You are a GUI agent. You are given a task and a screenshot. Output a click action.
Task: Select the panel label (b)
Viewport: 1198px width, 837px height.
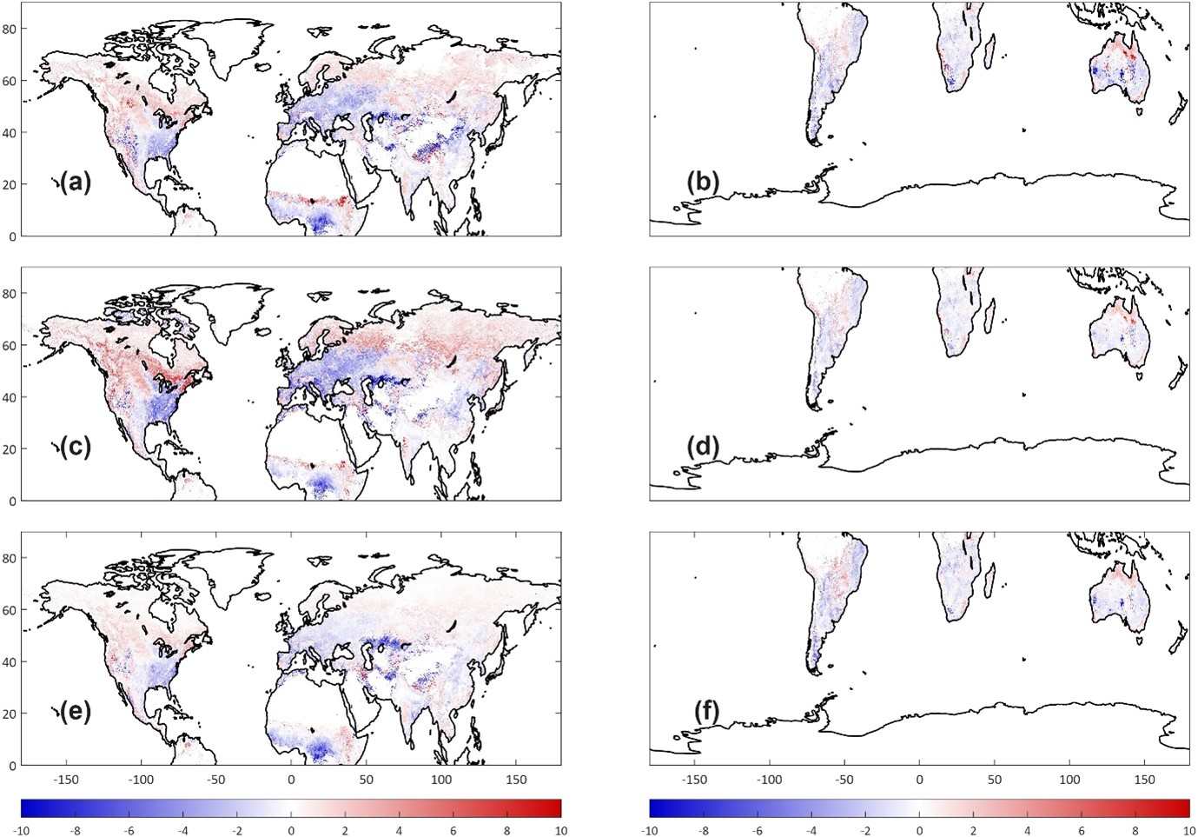click(703, 182)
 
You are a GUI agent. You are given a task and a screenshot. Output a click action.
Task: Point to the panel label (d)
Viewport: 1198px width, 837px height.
click(703, 447)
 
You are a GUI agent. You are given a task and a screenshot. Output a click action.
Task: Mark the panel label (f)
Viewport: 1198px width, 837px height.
click(703, 711)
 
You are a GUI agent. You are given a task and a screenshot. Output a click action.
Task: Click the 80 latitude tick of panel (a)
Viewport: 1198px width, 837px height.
click(10, 29)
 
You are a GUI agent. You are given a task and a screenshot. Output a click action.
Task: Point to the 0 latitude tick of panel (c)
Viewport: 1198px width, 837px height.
click(12, 502)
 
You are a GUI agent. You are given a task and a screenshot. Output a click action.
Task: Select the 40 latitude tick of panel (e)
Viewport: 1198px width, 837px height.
click(10, 662)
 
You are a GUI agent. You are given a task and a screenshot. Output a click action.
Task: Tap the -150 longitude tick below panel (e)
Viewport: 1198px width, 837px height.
click(66, 780)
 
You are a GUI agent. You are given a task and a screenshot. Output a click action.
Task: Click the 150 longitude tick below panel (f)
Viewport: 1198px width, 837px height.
click(1144, 780)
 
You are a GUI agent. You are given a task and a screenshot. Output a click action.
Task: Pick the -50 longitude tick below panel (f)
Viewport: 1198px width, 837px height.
click(844, 780)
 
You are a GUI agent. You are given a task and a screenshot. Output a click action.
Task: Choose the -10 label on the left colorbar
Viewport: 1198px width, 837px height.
click(21, 831)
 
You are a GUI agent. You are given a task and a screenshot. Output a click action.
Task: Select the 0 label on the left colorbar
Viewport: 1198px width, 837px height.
click(291, 831)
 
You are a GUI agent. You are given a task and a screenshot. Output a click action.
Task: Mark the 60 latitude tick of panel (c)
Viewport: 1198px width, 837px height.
click(10, 346)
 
